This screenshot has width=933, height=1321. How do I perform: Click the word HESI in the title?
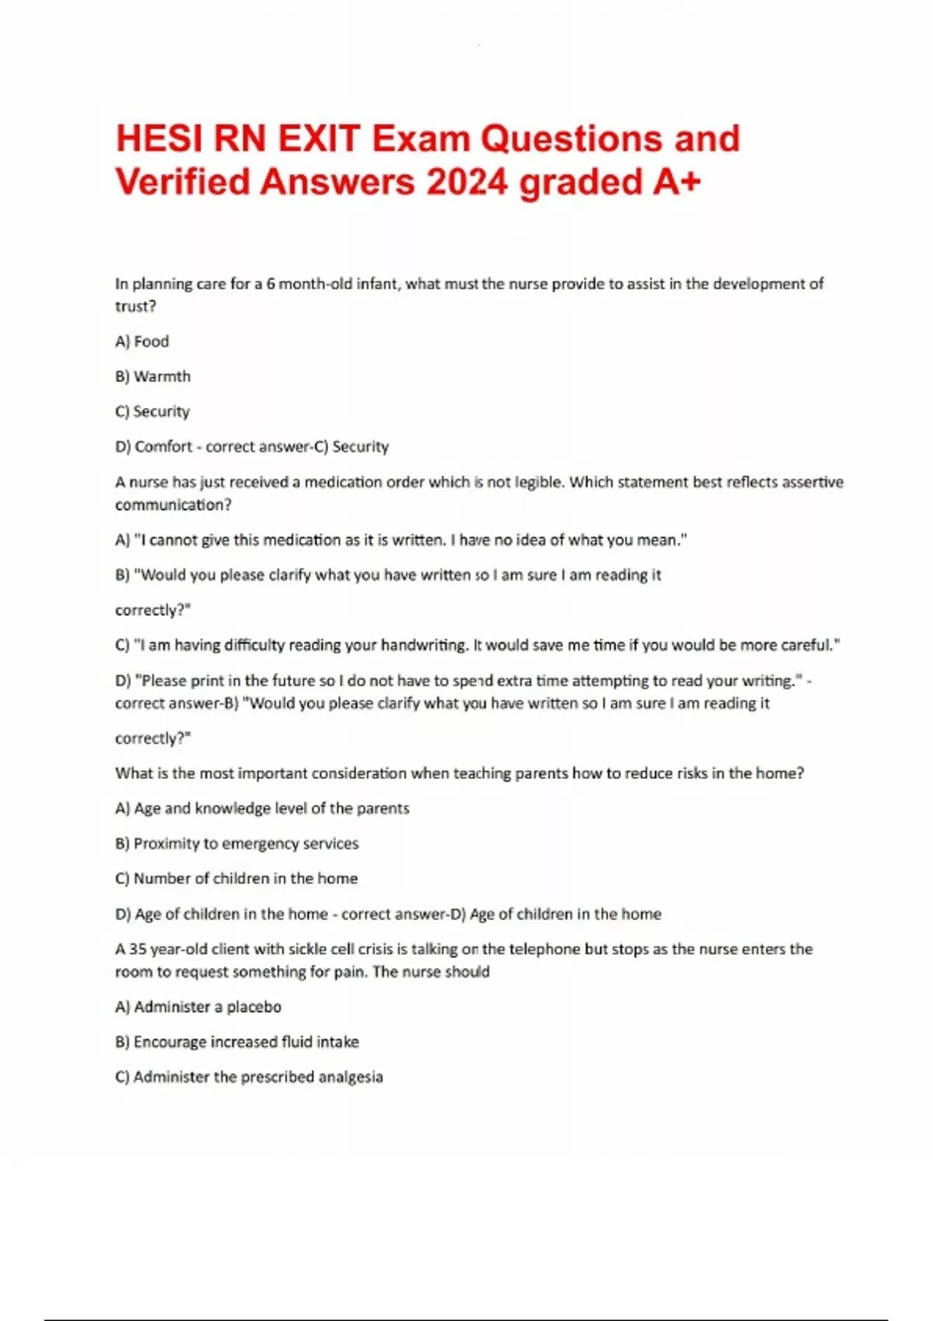point(158,140)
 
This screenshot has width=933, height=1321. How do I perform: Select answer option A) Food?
point(142,341)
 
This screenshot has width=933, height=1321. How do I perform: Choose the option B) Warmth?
point(153,376)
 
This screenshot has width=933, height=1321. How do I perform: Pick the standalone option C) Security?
point(152,411)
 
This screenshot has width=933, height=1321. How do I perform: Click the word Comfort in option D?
point(163,446)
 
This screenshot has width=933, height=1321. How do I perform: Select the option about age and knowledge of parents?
point(262,808)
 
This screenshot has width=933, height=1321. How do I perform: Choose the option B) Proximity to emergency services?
point(237,843)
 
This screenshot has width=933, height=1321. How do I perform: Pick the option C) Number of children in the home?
point(236,878)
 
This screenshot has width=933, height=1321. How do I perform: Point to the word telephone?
point(544,949)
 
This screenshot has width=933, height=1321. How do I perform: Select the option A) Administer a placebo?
point(198,1006)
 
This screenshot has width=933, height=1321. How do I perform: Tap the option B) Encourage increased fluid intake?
point(237,1041)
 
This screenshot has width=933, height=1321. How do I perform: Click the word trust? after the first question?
point(136,306)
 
